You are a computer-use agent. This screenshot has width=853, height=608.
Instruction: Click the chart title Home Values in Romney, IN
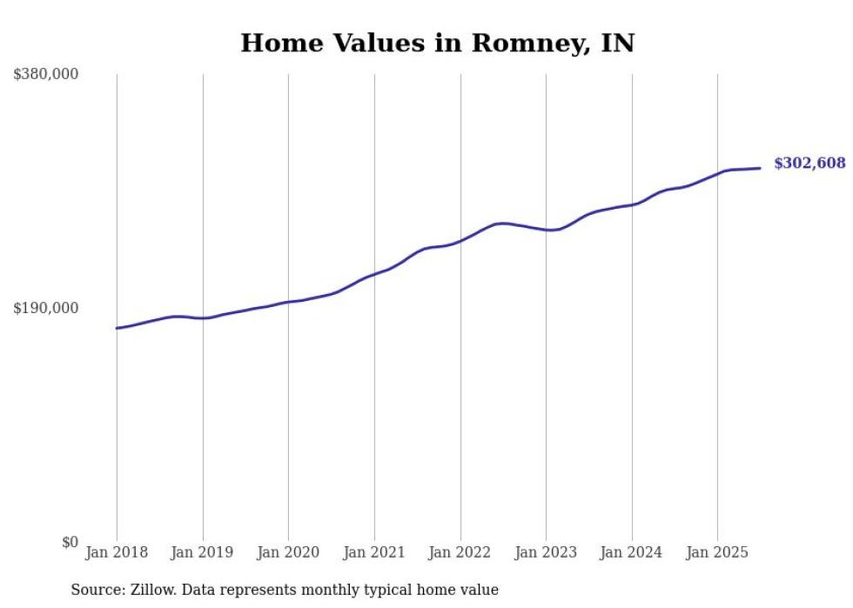(x=437, y=43)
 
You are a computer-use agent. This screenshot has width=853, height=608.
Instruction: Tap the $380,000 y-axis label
(x=46, y=75)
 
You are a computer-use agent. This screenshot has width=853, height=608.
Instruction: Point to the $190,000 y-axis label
(x=46, y=309)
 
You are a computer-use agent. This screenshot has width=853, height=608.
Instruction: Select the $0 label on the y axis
(x=70, y=543)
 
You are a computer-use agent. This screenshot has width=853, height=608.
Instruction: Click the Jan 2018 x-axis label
(x=117, y=552)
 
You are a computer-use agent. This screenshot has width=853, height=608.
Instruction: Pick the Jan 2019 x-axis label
(x=203, y=552)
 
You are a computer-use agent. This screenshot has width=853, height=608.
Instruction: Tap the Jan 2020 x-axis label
(x=288, y=552)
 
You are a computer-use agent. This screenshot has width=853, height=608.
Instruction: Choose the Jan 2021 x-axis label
(x=374, y=552)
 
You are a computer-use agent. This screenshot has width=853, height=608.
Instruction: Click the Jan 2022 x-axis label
(x=460, y=552)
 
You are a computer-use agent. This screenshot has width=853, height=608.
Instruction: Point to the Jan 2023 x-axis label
(x=546, y=552)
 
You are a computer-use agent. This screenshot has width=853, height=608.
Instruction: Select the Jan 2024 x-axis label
(x=631, y=552)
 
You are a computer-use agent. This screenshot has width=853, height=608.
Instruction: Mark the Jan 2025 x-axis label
(x=717, y=552)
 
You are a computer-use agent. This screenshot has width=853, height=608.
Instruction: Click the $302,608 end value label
(x=809, y=164)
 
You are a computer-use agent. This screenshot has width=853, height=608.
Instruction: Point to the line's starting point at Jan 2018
(x=117, y=328)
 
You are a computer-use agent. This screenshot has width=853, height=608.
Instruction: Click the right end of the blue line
(x=761, y=168)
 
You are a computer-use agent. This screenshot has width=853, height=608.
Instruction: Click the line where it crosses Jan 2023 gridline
(x=546, y=231)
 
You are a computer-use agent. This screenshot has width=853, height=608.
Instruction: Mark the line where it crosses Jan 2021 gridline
(x=374, y=274)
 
